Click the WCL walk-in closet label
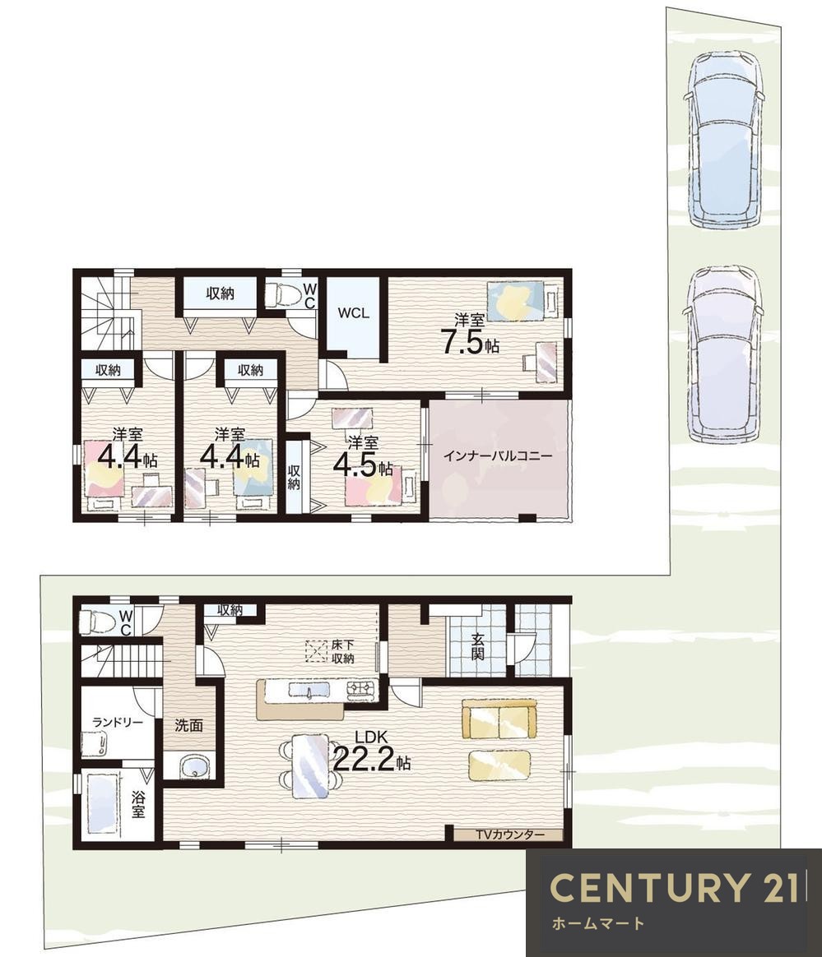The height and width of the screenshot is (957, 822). (354, 313)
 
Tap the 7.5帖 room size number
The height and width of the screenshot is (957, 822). (470, 343)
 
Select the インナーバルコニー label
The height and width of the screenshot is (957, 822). (498, 456)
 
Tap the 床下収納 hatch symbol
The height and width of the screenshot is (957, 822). (316, 651)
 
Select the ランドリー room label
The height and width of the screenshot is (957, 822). (118, 723)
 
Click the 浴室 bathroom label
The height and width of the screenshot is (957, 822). (138, 803)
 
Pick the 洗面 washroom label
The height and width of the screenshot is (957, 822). (188, 726)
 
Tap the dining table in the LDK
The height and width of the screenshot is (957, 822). (311, 765)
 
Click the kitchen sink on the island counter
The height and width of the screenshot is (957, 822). (309, 691)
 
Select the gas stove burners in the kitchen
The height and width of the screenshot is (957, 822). (362, 691)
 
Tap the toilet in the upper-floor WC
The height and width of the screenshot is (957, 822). (285, 295)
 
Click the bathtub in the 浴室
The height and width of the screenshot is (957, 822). (103, 803)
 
